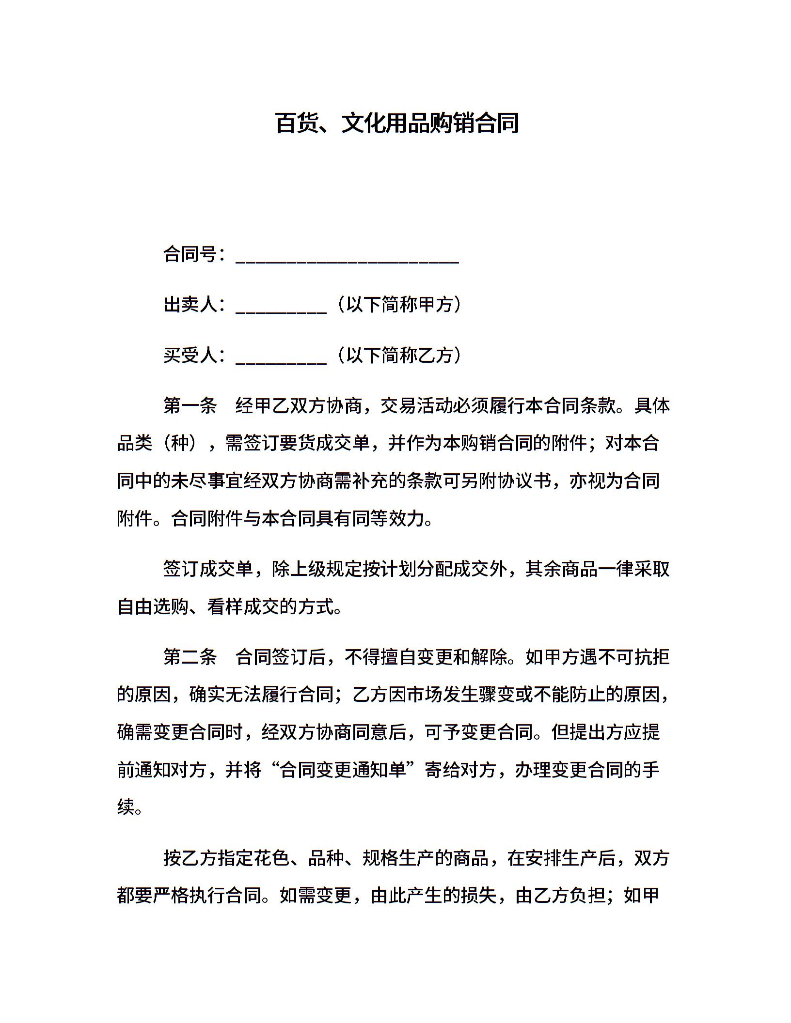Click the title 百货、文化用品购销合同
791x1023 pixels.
click(397, 123)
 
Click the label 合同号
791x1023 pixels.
click(190, 254)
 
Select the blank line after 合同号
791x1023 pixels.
click(347, 257)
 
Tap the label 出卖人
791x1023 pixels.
click(190, 305)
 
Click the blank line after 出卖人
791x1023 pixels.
click(281, 307)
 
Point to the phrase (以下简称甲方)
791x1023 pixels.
click(399, 305)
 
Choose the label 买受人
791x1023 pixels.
click(190, 356)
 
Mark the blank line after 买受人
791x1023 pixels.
click(281, 358)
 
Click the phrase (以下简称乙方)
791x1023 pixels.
click(399, 356)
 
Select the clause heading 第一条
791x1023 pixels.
click(190, 406)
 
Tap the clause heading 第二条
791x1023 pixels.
click(190, 657)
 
